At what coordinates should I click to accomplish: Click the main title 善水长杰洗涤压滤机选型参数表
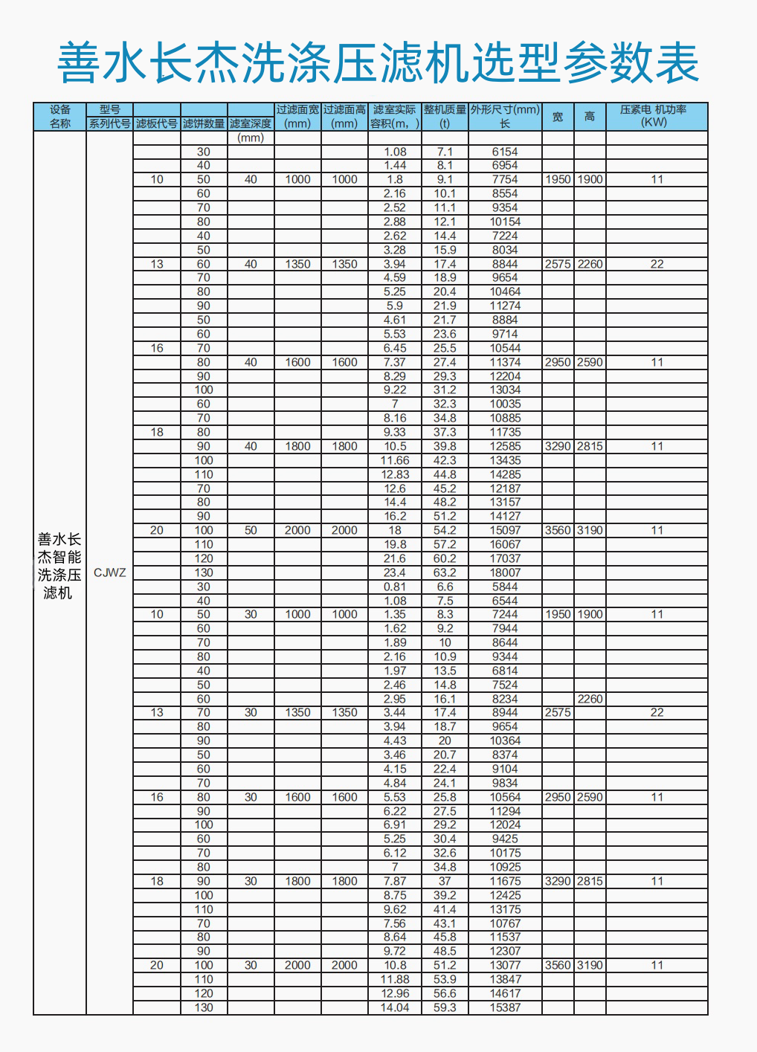pos(378,63)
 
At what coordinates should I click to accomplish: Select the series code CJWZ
pos(109,572)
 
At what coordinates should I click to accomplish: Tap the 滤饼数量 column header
pos(204,123)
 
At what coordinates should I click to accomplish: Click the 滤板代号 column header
pos(156,123)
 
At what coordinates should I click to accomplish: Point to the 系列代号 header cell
pos(109,123)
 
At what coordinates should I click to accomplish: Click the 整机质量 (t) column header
pos(445,116)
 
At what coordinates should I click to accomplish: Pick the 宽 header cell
pos(558,117)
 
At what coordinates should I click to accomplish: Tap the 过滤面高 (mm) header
pos(344,116)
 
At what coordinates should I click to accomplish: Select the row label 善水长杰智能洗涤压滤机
pos(59,566)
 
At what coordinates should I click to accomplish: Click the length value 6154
pos(505,152)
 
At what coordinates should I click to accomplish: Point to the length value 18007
pos(505,572)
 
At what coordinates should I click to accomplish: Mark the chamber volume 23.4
pos(395,572)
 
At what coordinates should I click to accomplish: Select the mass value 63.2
pos(445,572)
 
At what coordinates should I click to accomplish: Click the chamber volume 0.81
pos(395,587)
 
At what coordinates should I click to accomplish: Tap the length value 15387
pos(505,1007)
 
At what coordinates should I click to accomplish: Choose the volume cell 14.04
pos(395,1007)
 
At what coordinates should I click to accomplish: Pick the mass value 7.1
pos(445,152)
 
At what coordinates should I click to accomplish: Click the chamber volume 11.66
pos(395,460)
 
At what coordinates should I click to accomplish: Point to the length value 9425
pos(505,839)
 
